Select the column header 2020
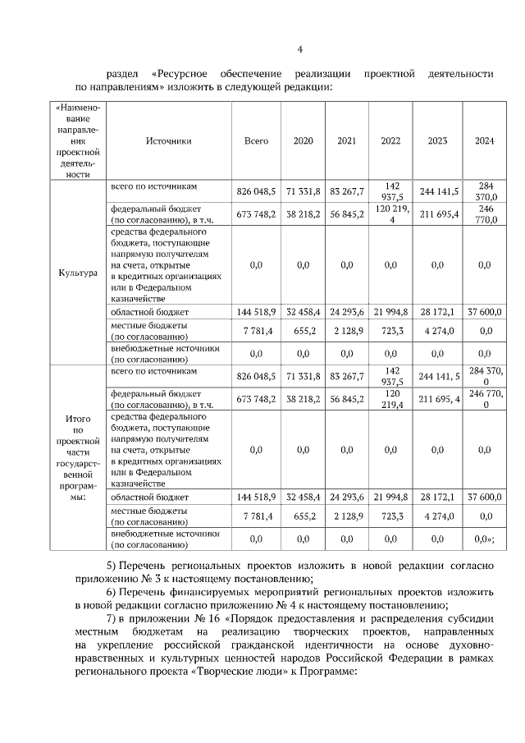[x=303, y=140]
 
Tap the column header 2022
[x=390, y=140]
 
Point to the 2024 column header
[x=484, y=140]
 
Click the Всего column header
[x=257, y=140]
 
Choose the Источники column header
[x=168, y=140]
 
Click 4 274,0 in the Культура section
[x=437, y=331]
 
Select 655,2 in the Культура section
[x=303, y=331]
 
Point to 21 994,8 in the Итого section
[x=390, y=498]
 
